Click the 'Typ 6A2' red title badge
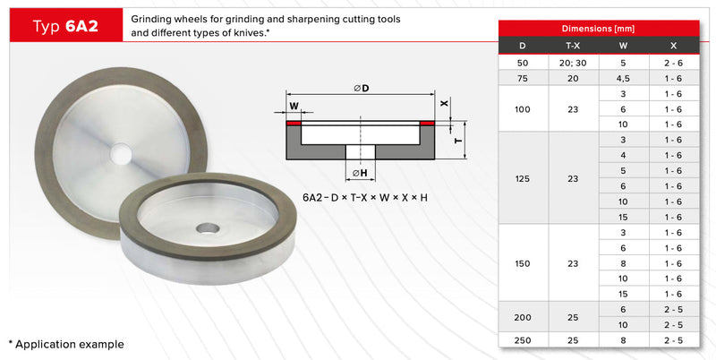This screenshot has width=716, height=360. click(66, 25)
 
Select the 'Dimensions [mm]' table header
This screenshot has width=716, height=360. click(598, 29)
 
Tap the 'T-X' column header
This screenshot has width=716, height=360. click(573, 46)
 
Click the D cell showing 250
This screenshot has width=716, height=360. click(523, 340)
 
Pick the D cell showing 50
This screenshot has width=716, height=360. click(523, 63)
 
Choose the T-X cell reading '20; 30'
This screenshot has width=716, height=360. click(573, 63)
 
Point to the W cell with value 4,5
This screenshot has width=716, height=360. click(623, 79)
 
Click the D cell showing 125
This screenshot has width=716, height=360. click(523, 178)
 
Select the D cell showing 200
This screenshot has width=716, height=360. click(523, 317)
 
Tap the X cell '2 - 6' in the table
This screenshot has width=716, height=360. click(674, 63)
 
